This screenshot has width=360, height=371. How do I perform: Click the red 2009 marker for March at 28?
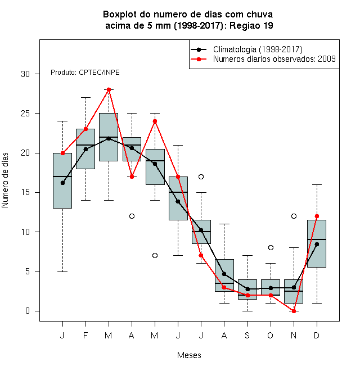109,90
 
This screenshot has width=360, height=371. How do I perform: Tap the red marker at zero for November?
294,311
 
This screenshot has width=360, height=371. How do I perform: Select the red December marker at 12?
317,216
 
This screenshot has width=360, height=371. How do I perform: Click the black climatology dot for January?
62,183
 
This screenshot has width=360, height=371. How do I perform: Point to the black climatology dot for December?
317,244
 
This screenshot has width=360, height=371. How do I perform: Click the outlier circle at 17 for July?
201,177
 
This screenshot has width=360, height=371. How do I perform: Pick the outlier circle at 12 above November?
294,216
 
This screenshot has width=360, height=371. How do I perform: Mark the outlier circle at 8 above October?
271,247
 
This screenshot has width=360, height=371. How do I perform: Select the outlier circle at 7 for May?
155,256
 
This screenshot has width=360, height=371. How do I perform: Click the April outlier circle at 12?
132,216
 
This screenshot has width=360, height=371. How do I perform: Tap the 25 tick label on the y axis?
25,114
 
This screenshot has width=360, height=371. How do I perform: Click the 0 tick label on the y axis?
28,311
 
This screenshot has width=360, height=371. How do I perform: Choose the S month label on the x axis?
247,335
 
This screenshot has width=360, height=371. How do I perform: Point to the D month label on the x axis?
317,335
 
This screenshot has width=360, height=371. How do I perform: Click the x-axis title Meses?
189,355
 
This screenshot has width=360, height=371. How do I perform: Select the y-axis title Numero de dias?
5,180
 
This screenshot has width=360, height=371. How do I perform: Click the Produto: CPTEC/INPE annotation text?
85,73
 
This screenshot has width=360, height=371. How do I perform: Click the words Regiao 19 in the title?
251,25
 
